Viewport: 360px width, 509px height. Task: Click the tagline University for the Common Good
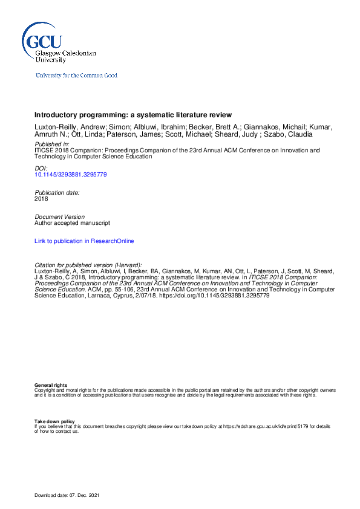[x=76, y=76]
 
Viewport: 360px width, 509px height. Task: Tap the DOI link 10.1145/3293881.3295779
[x=71, y=175]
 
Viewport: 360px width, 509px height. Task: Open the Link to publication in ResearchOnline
[x=84, y=241]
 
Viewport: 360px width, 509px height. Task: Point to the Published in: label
[x=51, y=145]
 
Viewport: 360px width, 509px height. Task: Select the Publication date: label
[x=57, y=192]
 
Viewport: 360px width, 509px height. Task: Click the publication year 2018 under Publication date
[x=41, y=198]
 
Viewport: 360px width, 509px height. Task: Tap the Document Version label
[x=59, y=216]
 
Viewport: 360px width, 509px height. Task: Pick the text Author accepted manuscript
[x=73, y=222]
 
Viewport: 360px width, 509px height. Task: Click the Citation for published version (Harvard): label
[x=88, y=265]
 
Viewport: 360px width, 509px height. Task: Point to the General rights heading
[x=51, y=385]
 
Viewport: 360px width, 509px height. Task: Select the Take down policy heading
[x=54, y=421]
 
